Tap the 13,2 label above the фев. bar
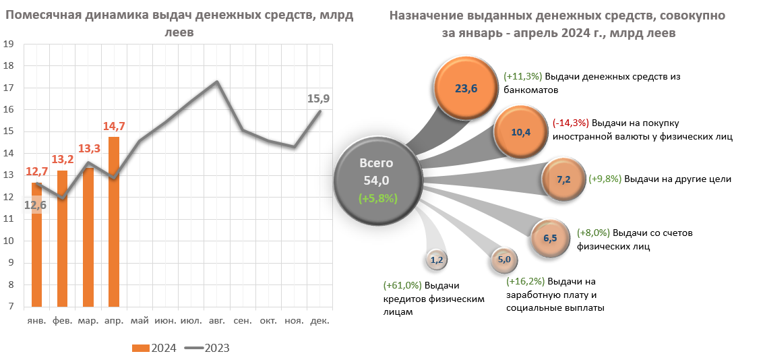[x=62, y=160]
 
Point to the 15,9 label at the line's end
[x=318, y=99]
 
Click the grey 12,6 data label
[x=35, y=205]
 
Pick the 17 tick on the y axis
[x=9, y=88]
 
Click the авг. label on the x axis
[x=216, y=321]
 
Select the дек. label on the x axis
[x=319, y=321]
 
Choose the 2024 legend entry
[x=155, y=348]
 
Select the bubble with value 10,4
[x=521, y=132]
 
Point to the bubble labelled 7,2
[x=563, y=180]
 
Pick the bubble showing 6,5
[x=549, y=237]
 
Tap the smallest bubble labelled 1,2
[x=436, y=259]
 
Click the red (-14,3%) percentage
[x=570, y=123]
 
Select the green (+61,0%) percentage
[x=402, y=286]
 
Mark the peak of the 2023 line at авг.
[x=216, y=82]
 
